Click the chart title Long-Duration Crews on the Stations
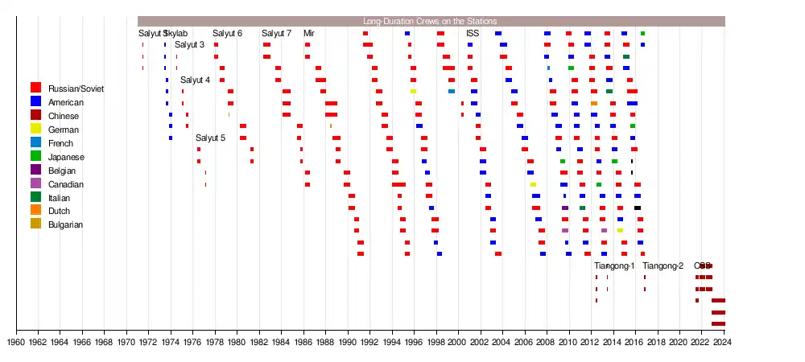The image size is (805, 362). tap(430, 21)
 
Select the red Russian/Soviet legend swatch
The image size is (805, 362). tap(35, 87)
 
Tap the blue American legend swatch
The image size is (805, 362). tap(35, 101)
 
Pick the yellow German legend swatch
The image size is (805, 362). tap(35, 129)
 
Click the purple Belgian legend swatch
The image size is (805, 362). tap(35, 170)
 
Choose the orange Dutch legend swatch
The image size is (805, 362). tap(35, 211)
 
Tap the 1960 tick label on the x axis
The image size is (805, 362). tap(16, 341)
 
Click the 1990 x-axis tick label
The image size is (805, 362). tap(348, 341)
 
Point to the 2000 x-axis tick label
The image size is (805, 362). tap(458, 341)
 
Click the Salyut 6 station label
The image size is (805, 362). tap(227, 33)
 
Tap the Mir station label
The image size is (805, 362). tap(309, 33)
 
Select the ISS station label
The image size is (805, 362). tap(473, 33)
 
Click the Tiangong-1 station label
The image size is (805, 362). tap(614, 266)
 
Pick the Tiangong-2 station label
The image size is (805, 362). tap(663, 266)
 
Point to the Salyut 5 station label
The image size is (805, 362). tap(210, 138)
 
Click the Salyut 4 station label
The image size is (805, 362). tap(195, 80)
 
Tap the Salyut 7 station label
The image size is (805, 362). tap(276, 33)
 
